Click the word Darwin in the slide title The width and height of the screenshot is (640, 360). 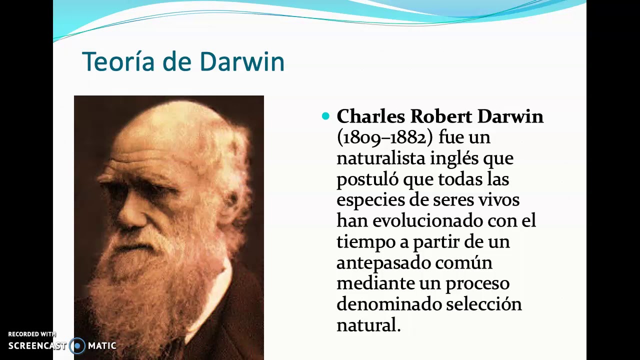[241, 62]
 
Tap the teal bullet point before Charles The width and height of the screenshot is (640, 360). [326, 116]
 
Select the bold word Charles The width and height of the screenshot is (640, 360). [370, 116]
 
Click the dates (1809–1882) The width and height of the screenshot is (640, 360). [384, 137]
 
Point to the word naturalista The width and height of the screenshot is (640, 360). [381, 158]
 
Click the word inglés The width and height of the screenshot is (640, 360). [453, 158]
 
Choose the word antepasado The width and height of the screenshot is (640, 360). [382, 263]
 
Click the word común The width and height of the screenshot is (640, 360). [463, 263]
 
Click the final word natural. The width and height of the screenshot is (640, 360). [367, 325]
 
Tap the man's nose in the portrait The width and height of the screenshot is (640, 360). [131, 212]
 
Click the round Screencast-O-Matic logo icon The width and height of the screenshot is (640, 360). [77, 345]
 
